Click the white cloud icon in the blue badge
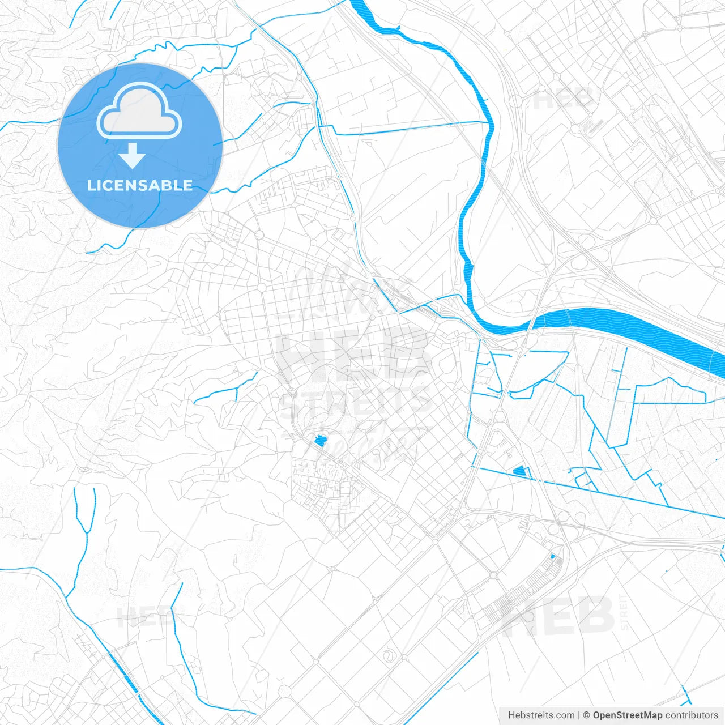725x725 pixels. [x=139, y=110]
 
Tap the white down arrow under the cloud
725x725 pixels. [x=133, y=156]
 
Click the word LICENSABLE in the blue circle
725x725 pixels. [x=140, y=186]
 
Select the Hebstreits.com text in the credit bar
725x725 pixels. [x=541, y=715]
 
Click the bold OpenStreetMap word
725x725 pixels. [x=627, y=715]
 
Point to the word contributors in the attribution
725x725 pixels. [x=691, y=715]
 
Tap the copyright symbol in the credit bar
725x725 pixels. [x=587, y=715]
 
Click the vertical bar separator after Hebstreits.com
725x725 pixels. [x=579, y=715]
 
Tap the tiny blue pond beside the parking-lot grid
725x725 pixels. [x=553, y=557]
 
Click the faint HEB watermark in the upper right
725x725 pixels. [x=564, y=99]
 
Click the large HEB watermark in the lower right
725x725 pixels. [x=558, y=616]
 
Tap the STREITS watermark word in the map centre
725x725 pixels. [x=356, y=400]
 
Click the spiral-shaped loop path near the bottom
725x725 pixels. [x=389, y=656]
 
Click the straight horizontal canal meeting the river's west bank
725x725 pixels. [x=408, y=128]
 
